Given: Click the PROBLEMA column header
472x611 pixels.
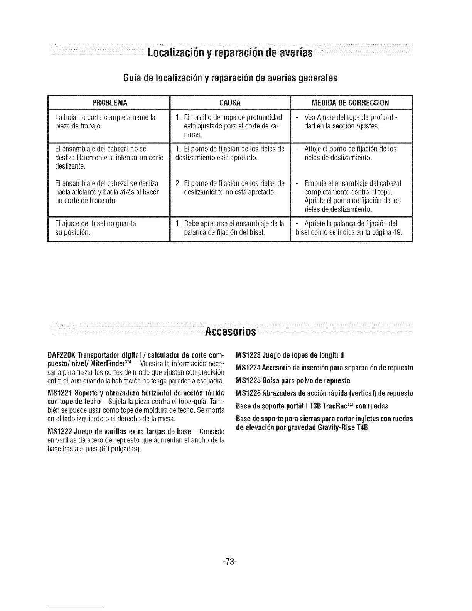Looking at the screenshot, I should pos(108,103).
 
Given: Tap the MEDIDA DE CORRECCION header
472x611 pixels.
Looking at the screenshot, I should pos(351,103).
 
